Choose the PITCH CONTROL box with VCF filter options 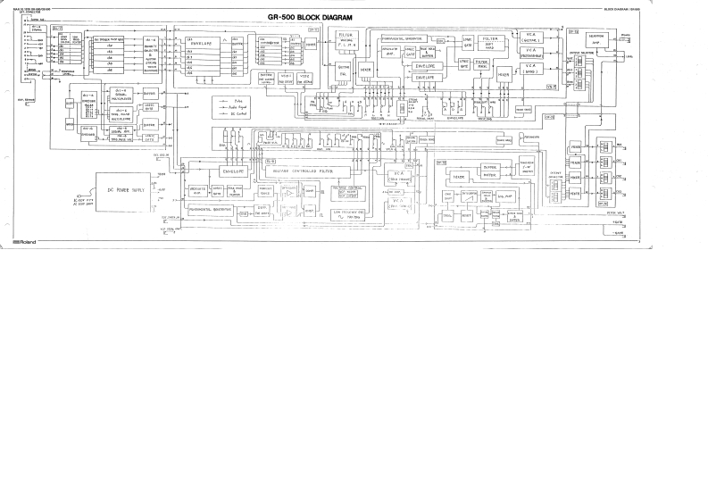point(353,190)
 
